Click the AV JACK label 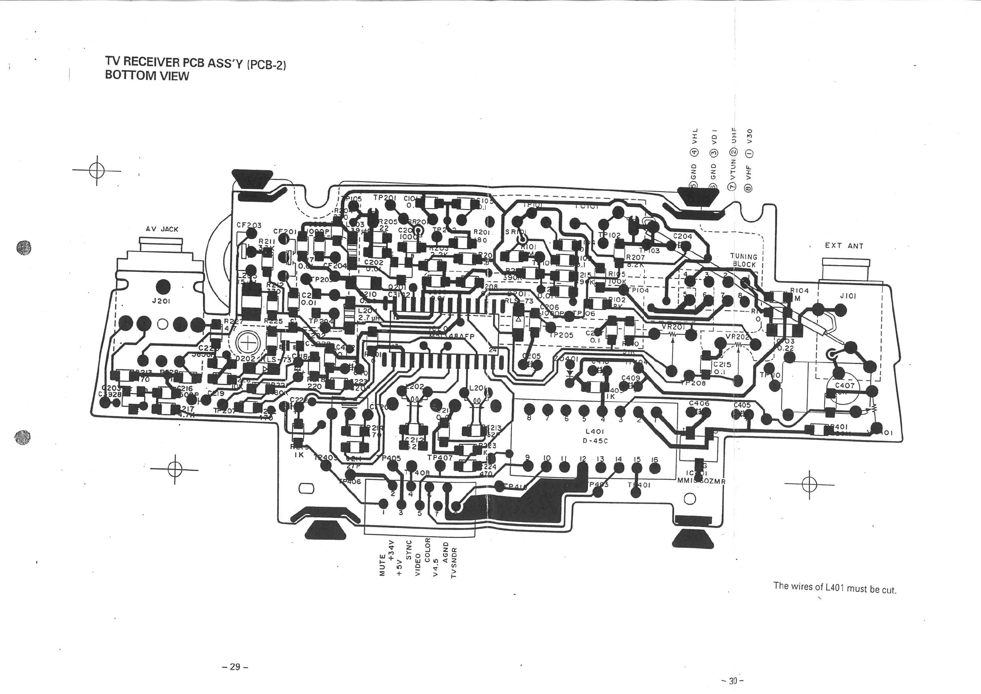[162, 230]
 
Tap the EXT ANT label [844, 246]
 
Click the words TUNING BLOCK [744, 261]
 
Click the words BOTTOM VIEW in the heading [147, 76]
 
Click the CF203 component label [249, 225]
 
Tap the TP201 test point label [385, 197]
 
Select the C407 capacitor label [845, 385]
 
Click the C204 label [682, 236]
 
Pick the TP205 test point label [561, 335]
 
